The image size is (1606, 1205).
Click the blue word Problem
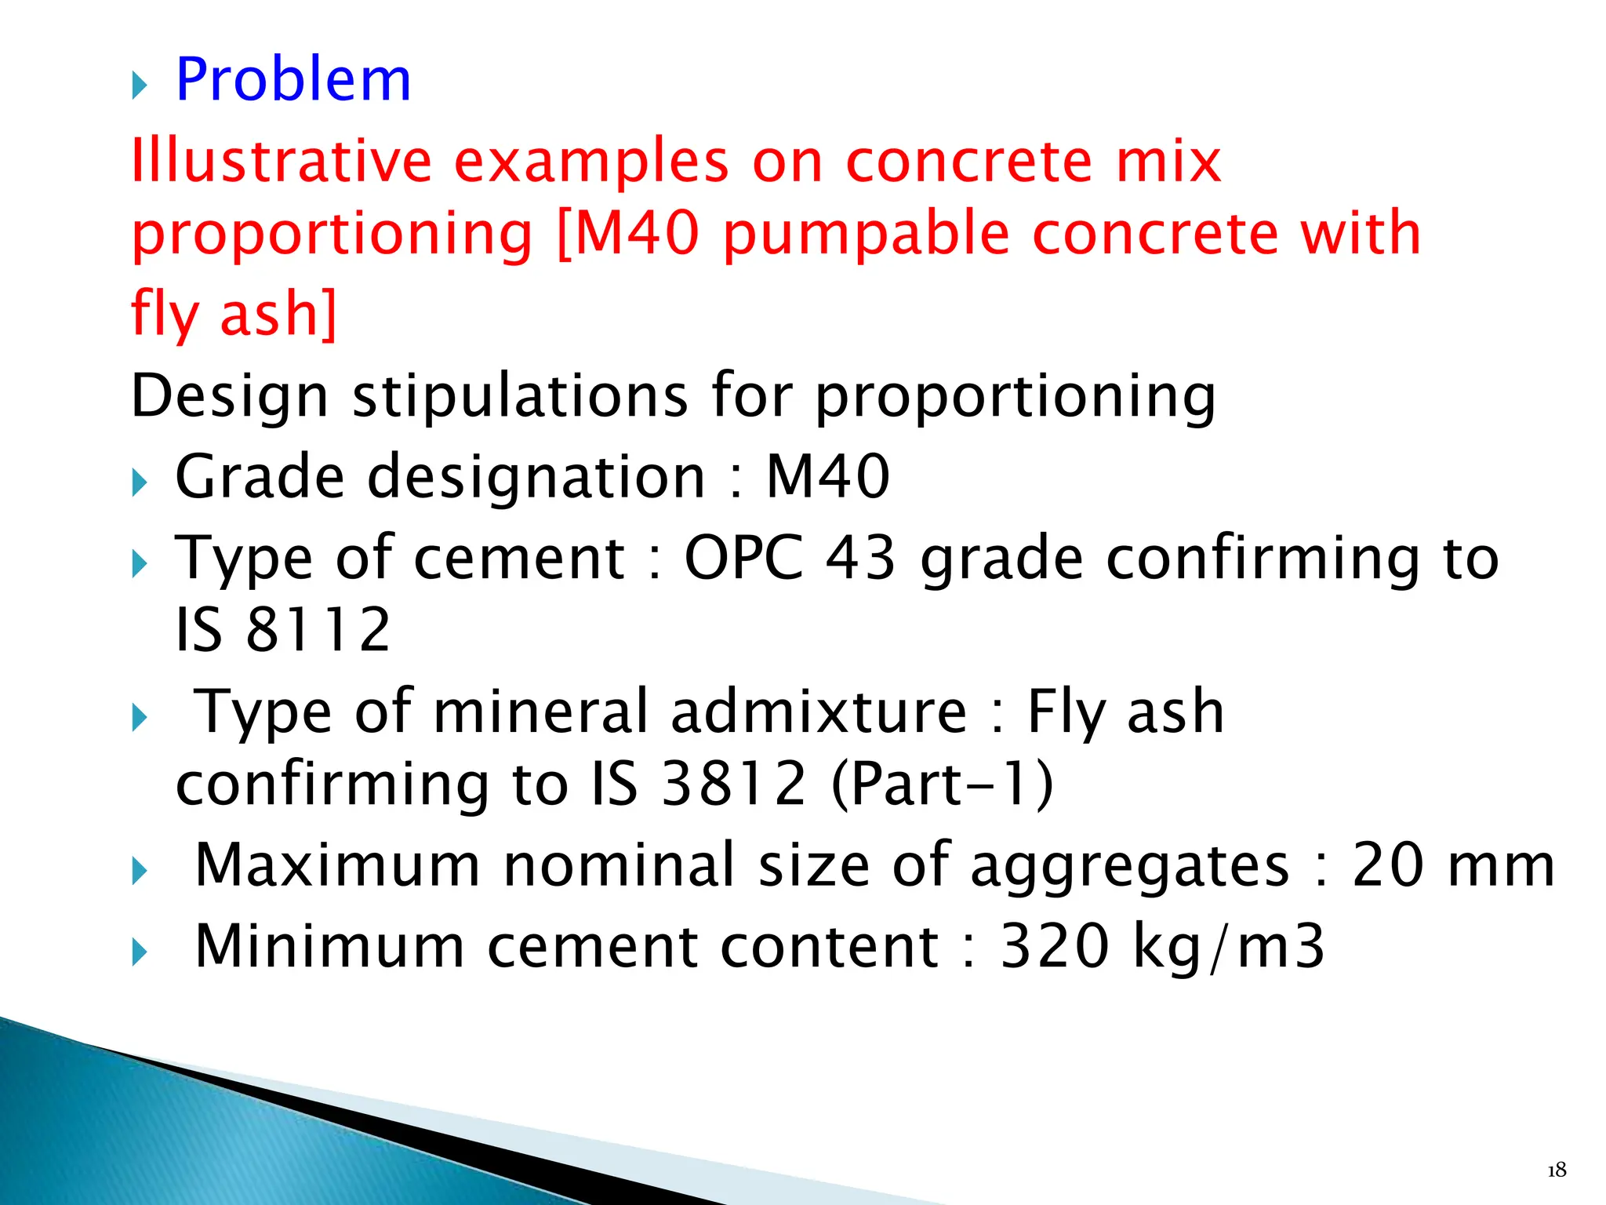click(x=293, y=80)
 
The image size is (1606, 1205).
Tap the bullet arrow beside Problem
click(x=140, y=85)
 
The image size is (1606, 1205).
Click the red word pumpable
click(x=866, y=235)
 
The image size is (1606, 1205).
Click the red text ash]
click(x=278, y=312)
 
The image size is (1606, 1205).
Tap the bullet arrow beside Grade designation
click(x=140, y=482)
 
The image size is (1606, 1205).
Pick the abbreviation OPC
click(x=744, y=558)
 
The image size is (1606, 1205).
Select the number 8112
click(x=318, y=629)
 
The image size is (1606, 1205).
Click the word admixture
click(x=819, y=711)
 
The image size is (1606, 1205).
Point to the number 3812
click(x=733, y=783)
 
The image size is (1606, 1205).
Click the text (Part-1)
click(x=942, y=783)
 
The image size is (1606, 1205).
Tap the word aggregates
click(x=1129, y=865)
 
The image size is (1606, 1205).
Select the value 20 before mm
click(x=1387, y=865)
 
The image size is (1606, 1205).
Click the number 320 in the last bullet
click(x=1055, y=946)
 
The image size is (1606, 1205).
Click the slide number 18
click(x=1557, y=1170)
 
